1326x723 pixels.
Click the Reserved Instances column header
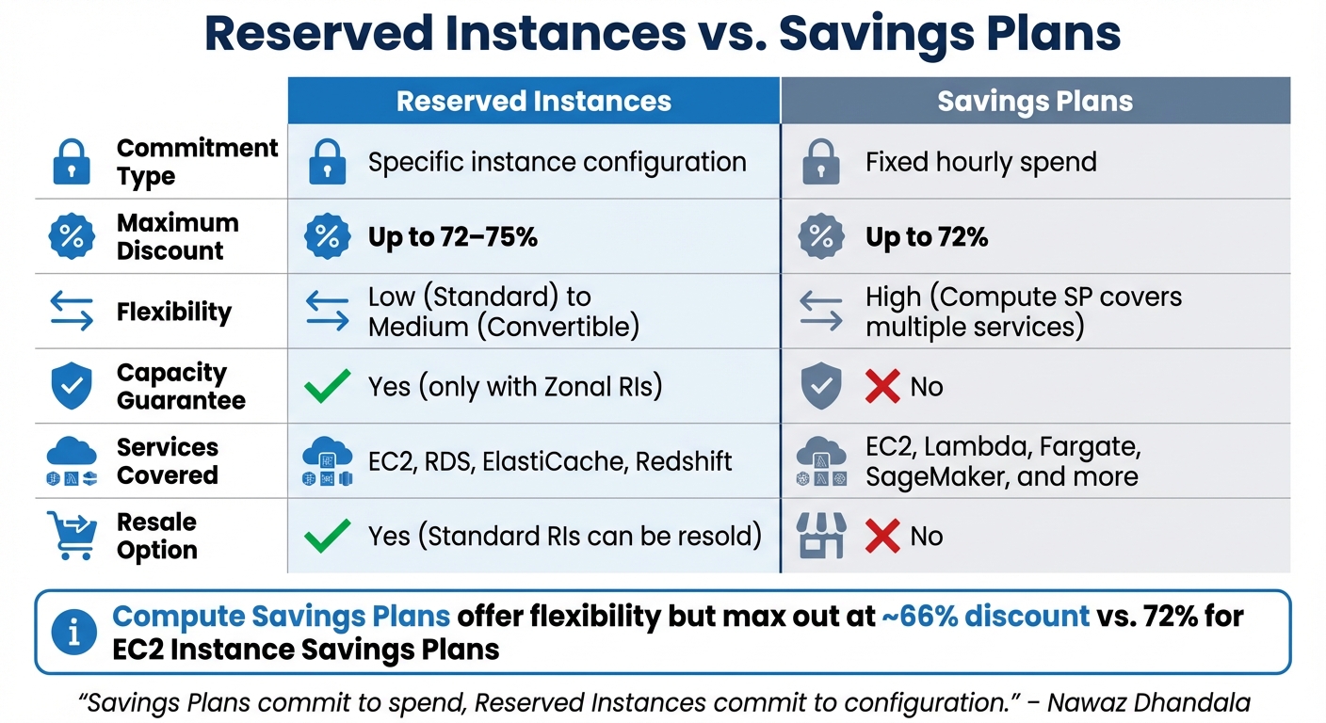534,102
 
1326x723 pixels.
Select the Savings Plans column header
1035,102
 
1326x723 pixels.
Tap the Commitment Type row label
197,162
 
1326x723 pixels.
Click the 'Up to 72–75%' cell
452,237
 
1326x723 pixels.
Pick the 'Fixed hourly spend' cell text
980,162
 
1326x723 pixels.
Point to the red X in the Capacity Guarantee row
882,387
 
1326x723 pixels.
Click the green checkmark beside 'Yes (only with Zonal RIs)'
327,387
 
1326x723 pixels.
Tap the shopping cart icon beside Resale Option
72,536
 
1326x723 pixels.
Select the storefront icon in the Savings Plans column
821,536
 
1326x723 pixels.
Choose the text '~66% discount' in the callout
985,617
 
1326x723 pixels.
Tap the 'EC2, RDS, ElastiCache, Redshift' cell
550,461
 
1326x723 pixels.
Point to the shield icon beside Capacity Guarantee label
72,387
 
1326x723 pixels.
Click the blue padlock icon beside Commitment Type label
72,162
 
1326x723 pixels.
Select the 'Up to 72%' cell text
927,237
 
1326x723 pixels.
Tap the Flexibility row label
173,312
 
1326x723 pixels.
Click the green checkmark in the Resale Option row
327,536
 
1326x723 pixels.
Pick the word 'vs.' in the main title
732,34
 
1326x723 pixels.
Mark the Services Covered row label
167,461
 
